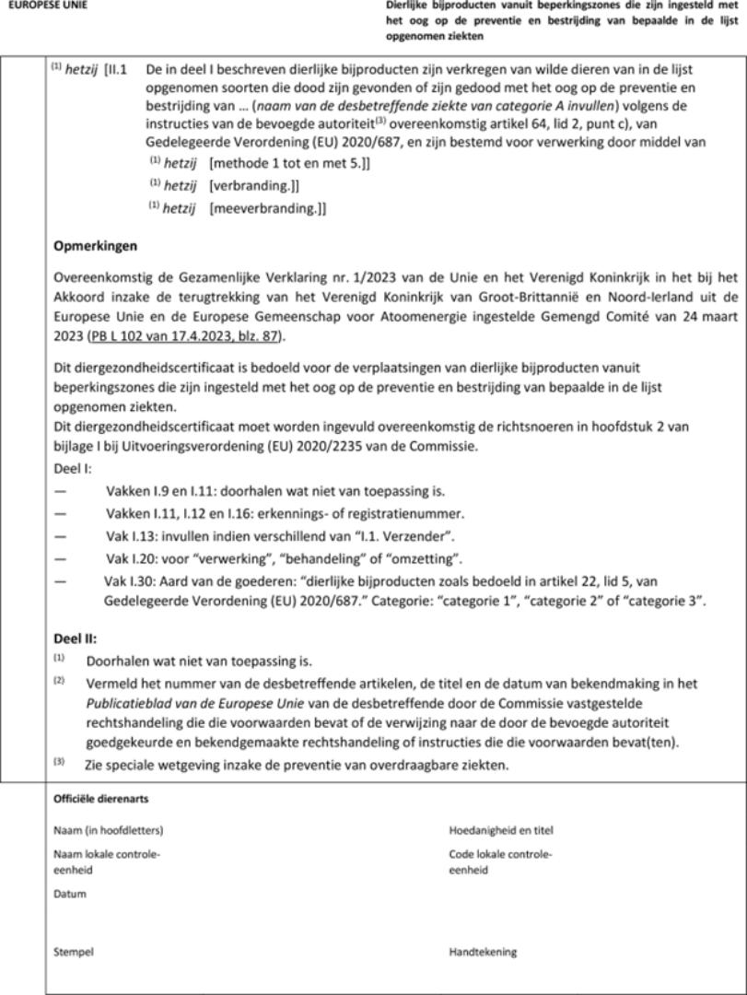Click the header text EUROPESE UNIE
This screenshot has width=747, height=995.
pyautogui.click(x=48, y=6)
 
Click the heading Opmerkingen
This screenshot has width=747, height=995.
pyautogui.click(x=95, y=247)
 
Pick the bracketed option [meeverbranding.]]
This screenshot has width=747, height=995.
pyautogui.click(x=267, y=208)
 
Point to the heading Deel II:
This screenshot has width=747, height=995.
pyautogui.click(x=75, y=638)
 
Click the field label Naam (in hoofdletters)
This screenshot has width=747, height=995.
pyautogui.click(x=108, y=830)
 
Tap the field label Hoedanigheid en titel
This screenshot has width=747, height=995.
pyautogui.click(x=501, y=830)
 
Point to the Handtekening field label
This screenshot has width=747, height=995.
pyautogui.click(x=483, y=952)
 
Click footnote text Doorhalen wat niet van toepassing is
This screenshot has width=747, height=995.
pyautogui.click(x=199, y=661)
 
